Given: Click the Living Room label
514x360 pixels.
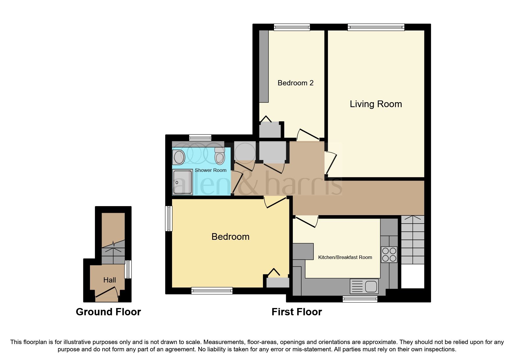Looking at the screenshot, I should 376,104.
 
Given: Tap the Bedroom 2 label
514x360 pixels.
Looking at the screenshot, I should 295,83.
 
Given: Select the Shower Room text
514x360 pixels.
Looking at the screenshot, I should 210,170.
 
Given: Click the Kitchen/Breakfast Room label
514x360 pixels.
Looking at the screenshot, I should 345,257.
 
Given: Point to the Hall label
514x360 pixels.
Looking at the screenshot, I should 109,280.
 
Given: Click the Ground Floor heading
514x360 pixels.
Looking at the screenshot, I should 108,312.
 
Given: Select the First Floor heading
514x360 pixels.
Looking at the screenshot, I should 297,312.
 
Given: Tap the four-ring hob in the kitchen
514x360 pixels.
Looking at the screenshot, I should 389,255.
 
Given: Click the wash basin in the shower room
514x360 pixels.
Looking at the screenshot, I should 179,157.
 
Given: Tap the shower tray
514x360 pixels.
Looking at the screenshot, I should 183,182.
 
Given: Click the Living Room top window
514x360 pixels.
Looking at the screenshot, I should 376,27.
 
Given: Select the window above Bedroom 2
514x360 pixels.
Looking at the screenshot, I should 292,27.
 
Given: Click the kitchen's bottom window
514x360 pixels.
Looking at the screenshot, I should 360,299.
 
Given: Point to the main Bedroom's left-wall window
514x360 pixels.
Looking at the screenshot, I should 169,218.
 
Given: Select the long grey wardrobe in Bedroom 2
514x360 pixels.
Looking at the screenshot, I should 264,66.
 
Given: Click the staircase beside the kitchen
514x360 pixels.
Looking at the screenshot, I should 412,240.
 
